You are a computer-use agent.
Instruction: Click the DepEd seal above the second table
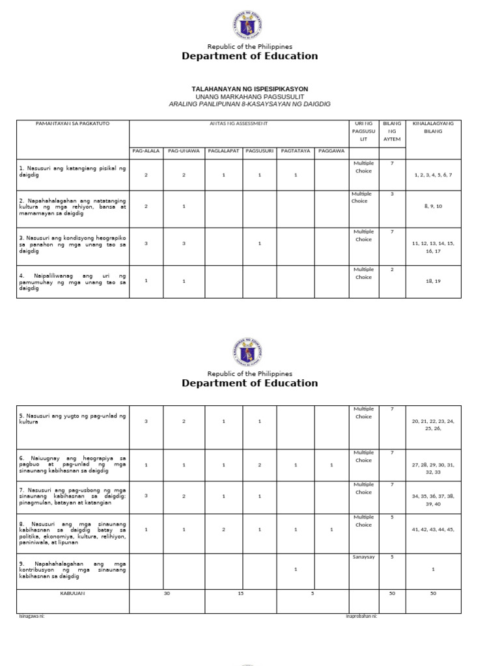click(x=250, y=351)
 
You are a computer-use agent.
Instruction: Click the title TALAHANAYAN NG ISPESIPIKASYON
click(x=250, y=88)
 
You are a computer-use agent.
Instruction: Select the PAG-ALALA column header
click(x=146, y=151)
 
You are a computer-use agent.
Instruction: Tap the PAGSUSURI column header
click(x=259, y=151)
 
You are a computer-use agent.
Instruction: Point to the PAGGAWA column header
click(x=331, y=151)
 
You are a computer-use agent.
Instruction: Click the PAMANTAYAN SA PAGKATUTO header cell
click(x=73, y=123)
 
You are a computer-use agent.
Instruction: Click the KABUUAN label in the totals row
click(x=73, y=593)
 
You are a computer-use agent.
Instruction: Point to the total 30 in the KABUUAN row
click(x=167, y=593)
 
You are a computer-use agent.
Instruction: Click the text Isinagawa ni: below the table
click(x=31, y=616)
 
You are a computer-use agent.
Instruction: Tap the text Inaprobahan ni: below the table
click(x=361, y=616)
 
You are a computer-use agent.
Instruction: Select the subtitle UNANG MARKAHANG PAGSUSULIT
click(x=250, y=96)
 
